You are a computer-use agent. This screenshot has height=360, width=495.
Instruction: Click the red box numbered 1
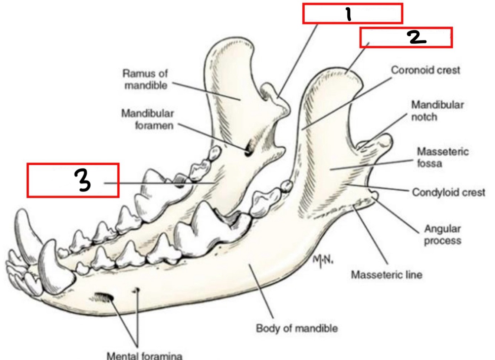pos(352,14)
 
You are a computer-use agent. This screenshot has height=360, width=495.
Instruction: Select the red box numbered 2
pos(406,37)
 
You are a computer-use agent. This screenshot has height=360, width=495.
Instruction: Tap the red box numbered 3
pos(73,180)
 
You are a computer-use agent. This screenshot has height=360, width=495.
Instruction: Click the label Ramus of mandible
pos(145,79)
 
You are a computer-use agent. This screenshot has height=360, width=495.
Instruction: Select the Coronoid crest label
pos(425,70)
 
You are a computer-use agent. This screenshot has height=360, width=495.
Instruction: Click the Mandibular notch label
pos(437,111)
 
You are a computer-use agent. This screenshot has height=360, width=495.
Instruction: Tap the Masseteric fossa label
pos(442,157)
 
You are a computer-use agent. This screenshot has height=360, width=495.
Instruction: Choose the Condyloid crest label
pos(448,192)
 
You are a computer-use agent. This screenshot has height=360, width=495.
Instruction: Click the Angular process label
pos(442,235)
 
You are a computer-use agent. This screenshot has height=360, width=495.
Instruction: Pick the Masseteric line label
pos(386,275)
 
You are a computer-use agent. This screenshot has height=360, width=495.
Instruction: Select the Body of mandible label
pos(297,328)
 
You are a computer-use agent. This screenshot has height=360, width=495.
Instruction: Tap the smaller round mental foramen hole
pos(137,290)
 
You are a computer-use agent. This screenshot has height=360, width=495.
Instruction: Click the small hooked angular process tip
pos(374,195)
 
